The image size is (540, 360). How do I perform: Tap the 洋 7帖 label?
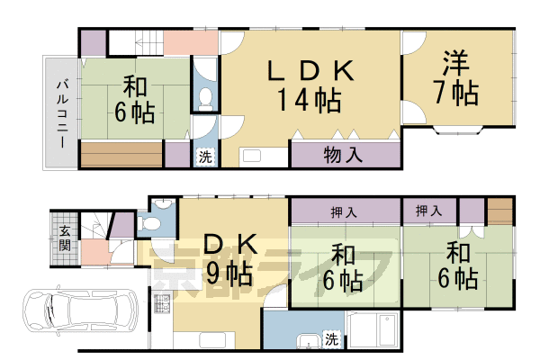point(456,78)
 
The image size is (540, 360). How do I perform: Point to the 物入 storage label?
point(343,155)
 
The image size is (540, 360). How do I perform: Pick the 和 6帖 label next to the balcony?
point(135,101)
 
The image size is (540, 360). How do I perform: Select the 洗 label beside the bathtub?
point(331,339)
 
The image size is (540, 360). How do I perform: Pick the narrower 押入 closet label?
point(428,211)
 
